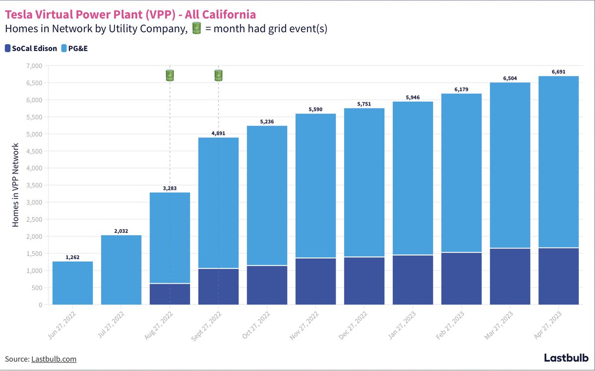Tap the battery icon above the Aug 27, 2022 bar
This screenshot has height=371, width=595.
[170, 75]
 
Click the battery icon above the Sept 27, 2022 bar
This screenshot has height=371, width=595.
[218, 75]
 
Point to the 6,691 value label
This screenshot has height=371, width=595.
[559, 72]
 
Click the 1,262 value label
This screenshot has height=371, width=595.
[73, 257]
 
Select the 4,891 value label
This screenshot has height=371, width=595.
[219, 133]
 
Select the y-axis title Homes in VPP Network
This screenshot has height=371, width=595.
[16, 185]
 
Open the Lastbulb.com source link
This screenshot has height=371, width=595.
[54, 359]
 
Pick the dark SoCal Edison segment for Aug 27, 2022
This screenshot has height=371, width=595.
[170, 294]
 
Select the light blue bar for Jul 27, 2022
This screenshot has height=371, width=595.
[121, 270]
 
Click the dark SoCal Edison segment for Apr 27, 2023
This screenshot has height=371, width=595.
[558, 276]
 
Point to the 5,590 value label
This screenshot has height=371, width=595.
[316, 109]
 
